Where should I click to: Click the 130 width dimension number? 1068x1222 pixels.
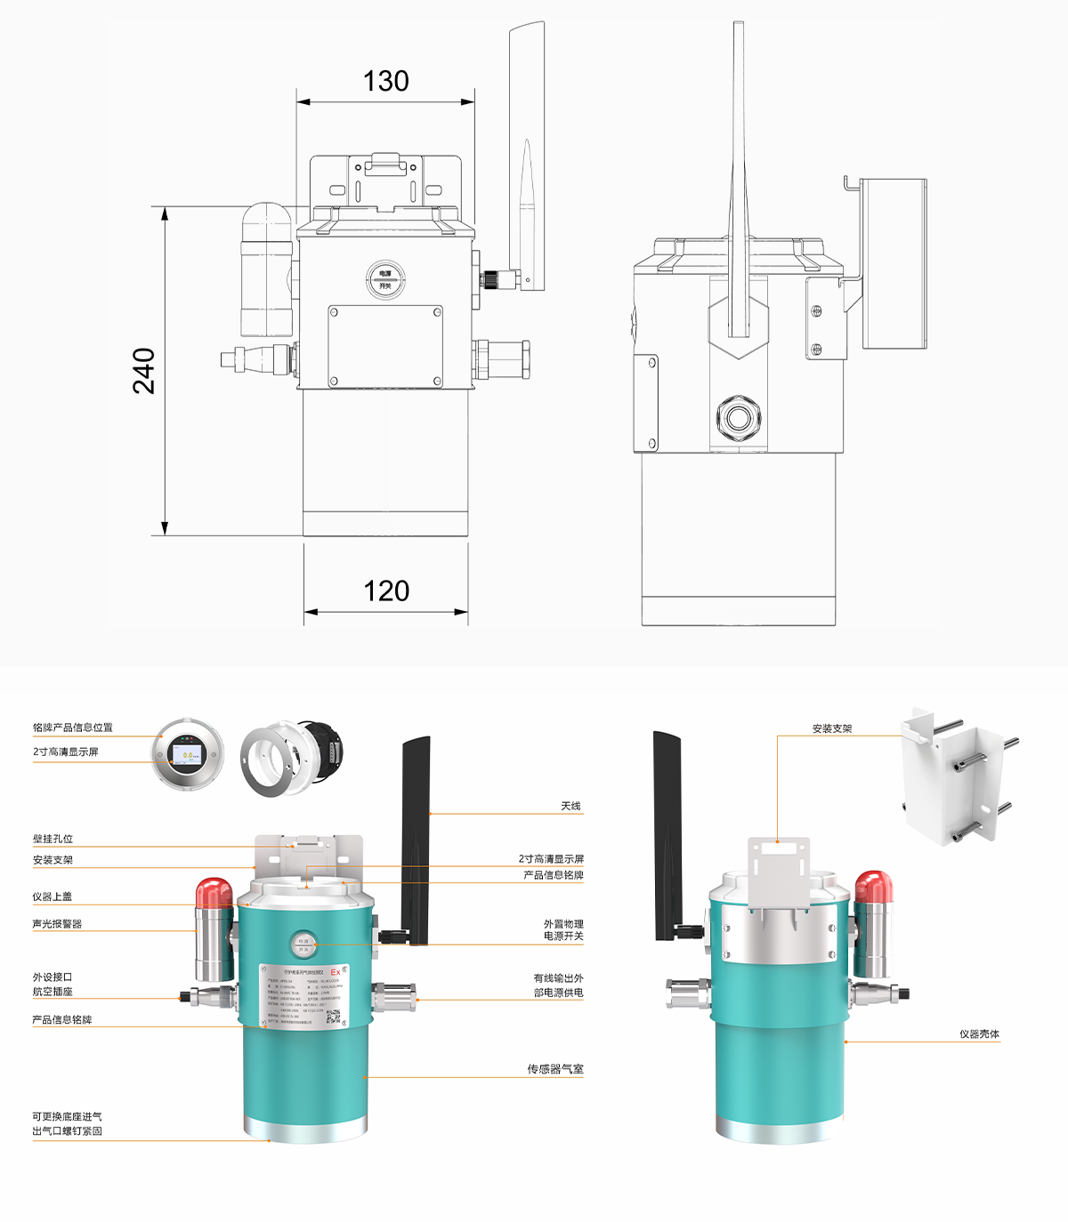385,81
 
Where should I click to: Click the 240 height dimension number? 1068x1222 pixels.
144,370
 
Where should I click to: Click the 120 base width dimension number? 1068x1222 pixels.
386,591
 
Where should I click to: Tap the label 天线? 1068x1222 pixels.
570,806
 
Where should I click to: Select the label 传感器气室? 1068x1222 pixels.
554,1069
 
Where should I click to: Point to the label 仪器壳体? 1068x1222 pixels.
979,1033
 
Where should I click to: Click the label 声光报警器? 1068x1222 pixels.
57,924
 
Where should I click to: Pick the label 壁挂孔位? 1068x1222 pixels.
53,839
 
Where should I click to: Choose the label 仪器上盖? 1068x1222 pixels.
52,896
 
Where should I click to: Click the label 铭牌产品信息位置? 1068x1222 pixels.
73,728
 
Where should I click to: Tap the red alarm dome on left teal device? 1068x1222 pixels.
214,892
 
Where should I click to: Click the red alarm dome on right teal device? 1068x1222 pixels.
873,887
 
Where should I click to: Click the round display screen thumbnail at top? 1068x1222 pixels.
187,754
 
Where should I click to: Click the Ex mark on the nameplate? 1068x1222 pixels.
336,972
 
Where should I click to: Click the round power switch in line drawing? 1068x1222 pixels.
385,279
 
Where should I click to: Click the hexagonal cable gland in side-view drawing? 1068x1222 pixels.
738,417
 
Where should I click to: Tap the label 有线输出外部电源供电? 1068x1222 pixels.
558,985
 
